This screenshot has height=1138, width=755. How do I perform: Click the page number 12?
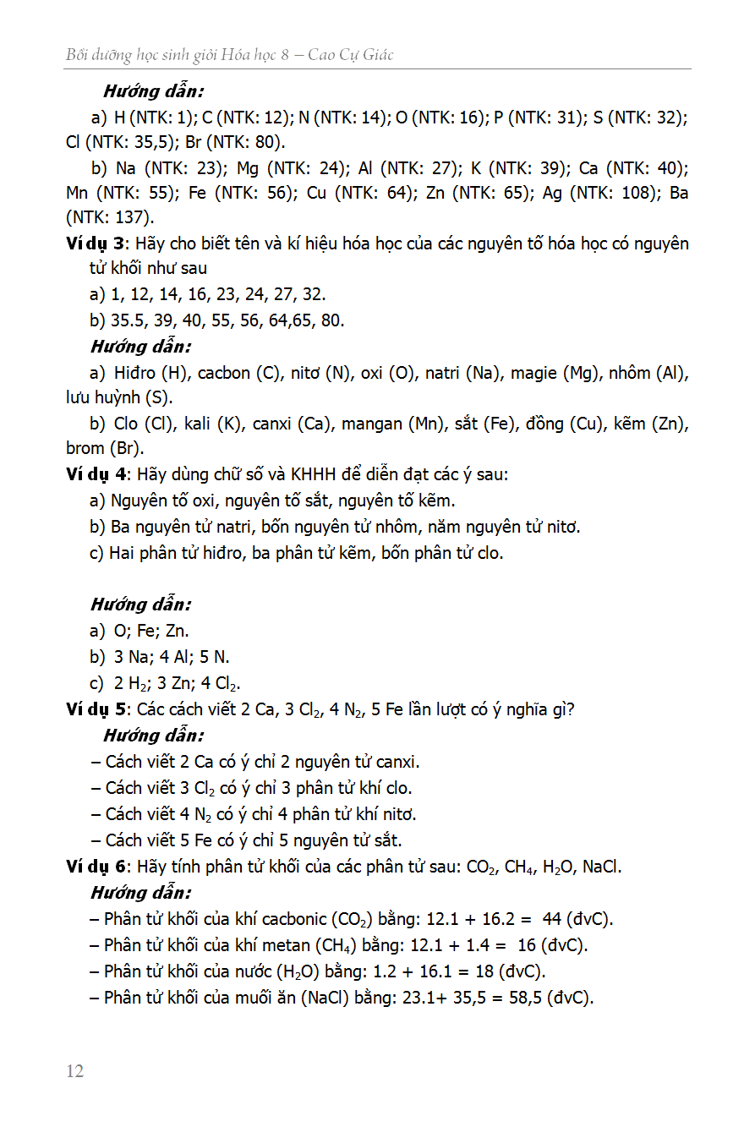point(74,1071)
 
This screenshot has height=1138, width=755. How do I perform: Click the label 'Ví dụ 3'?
point(95,244)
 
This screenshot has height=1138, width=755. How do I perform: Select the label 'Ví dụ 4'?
point(95,475)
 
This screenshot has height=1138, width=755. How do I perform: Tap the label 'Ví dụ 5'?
point(95,709)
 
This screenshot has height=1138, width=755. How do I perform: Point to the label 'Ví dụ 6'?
point(95,867)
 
